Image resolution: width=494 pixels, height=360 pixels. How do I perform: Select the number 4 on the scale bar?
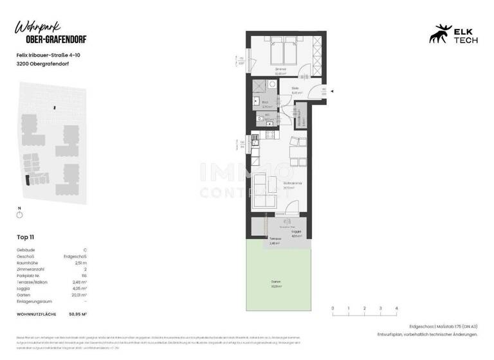396,309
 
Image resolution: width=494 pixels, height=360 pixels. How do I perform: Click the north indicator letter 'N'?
20,208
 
